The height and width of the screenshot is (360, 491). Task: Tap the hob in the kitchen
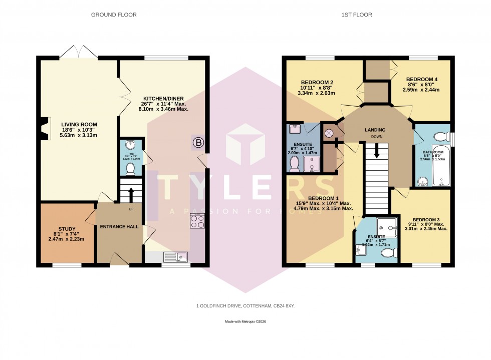click(196, 221)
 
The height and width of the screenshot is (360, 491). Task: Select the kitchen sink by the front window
click(175, 257)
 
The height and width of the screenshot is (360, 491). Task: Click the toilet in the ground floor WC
click(130, 168)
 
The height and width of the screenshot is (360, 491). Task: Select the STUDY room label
click(66, 232)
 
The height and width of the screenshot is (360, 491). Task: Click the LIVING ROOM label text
click(79, 125)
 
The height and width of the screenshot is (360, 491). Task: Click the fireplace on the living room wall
click(45, 128)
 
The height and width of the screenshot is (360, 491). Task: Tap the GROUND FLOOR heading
click(114, 15)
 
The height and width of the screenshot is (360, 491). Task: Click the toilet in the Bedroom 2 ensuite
click(294, 163)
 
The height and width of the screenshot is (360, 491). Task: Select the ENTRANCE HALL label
click(119, 227)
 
